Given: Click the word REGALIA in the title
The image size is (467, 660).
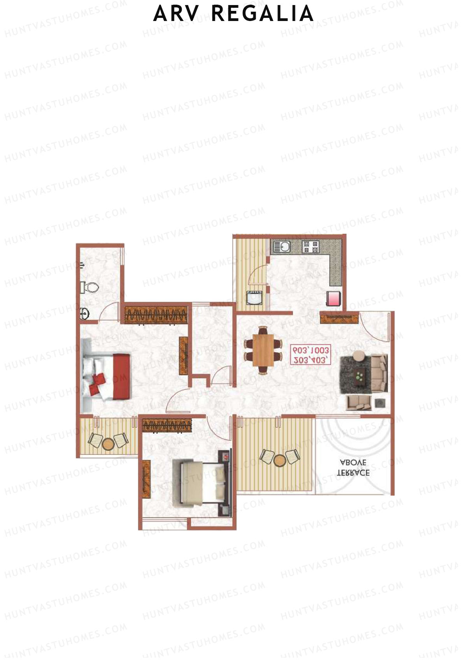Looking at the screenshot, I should coord(263,14).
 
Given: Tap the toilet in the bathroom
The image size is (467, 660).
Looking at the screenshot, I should coord(91,287).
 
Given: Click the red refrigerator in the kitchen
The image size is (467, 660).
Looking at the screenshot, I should coord(334,299).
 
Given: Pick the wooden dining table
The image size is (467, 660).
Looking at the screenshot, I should coord(263,350).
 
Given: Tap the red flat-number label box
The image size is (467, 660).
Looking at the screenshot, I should coord(311,355).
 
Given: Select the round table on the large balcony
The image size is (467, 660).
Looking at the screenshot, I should coord(279,460).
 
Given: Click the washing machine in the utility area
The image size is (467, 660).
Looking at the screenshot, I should coord(255,298).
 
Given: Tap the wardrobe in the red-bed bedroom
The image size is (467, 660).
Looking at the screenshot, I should coord(156,315).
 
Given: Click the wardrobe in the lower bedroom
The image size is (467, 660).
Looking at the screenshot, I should coord(167,425).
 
